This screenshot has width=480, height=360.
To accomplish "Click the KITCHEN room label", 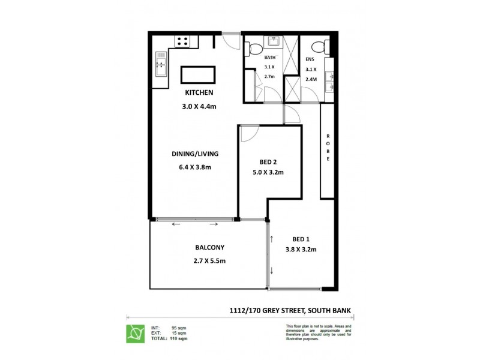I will point(199,92).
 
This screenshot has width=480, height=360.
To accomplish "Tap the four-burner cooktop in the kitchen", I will point(182,42).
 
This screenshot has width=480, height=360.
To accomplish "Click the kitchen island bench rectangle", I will point(198,75).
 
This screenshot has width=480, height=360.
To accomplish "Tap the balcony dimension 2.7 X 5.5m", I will point(209,260).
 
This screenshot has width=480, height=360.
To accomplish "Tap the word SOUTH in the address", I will point(322,311).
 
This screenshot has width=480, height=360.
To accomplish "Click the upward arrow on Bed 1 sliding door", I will point(272,239).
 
